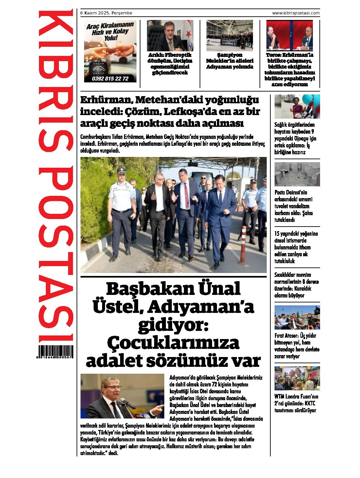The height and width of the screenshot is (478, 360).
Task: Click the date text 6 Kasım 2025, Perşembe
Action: tap(106, 13)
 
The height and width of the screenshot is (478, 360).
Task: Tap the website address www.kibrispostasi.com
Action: tap(296, 13)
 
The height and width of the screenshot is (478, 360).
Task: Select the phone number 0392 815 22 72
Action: tap(110, 79)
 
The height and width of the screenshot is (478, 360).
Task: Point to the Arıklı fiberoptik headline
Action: tap(170, 64)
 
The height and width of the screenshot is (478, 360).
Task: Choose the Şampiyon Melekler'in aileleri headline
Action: tap(229, 61)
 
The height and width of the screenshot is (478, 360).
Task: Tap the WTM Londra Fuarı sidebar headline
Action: tap(297, 403)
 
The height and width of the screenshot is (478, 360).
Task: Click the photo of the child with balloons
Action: tap(297, 106)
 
